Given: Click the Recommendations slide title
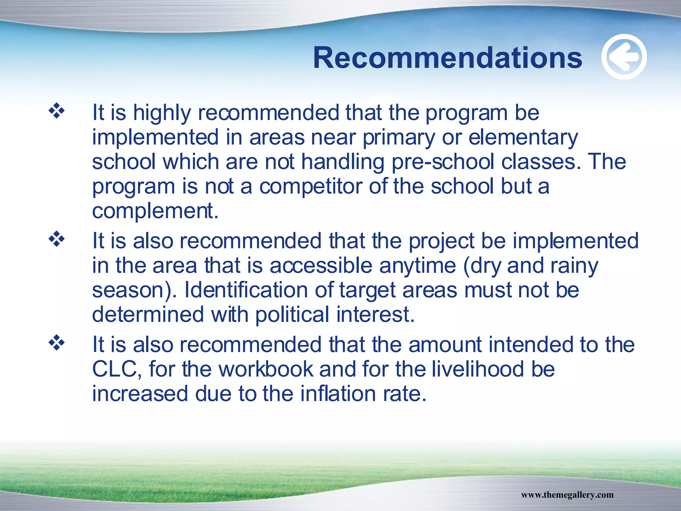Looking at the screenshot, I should (447, 58).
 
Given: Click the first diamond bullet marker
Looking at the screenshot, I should (57, 111).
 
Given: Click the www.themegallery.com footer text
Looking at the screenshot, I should (567, 495).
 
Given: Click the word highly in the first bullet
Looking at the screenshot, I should (162, 113).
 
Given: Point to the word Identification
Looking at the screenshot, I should (246, 290).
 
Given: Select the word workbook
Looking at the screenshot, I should (266, 369).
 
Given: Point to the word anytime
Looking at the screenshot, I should (417, 266).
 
